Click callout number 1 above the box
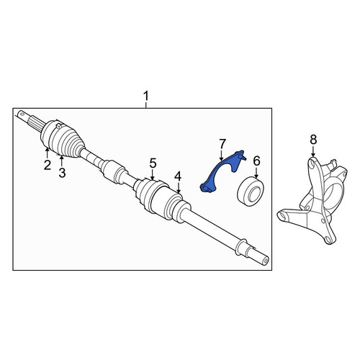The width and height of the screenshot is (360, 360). tap(146, 96)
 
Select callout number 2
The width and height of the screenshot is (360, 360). tap(48, 165)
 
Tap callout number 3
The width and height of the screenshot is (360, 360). tap(62, 173)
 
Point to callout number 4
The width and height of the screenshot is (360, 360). tap(178, 177)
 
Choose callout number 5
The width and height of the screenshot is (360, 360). tap(153, 163)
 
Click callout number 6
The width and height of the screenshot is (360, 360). tap(256, 161)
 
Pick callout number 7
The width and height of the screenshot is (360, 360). tap(222, 144)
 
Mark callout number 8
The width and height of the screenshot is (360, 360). tap(313, 140)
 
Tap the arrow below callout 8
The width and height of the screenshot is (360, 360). tap(313, 153)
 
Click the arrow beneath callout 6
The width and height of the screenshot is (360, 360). tap(256, 173)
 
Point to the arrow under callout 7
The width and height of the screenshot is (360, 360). tap(221, 156)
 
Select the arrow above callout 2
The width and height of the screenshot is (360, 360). tap(48, 153)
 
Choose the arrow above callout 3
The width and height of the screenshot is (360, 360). tap(62, 161)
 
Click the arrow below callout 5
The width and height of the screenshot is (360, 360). tap(153, 175)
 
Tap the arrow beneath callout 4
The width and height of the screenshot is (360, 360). tap(178, 188)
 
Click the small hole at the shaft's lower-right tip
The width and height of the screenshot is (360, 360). tap(265, 261)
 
